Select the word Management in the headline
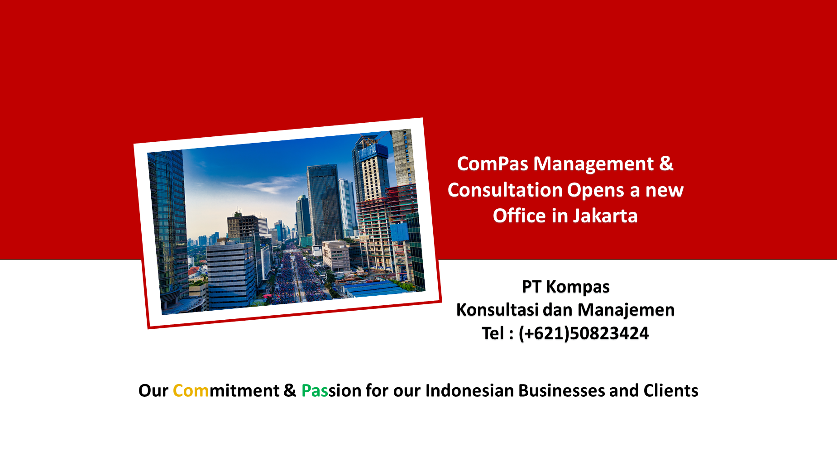tap(593, 164)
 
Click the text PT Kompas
tap(565, 287)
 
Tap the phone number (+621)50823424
tap(584, 334)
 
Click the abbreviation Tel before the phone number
tap(493, 333)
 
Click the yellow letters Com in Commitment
tap(191, 391)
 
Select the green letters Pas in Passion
tap(315, 391)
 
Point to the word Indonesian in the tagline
tap(469, 391)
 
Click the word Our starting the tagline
tap(153, 391)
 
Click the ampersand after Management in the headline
tap(666, 164)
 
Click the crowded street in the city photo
tap(297, 276)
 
